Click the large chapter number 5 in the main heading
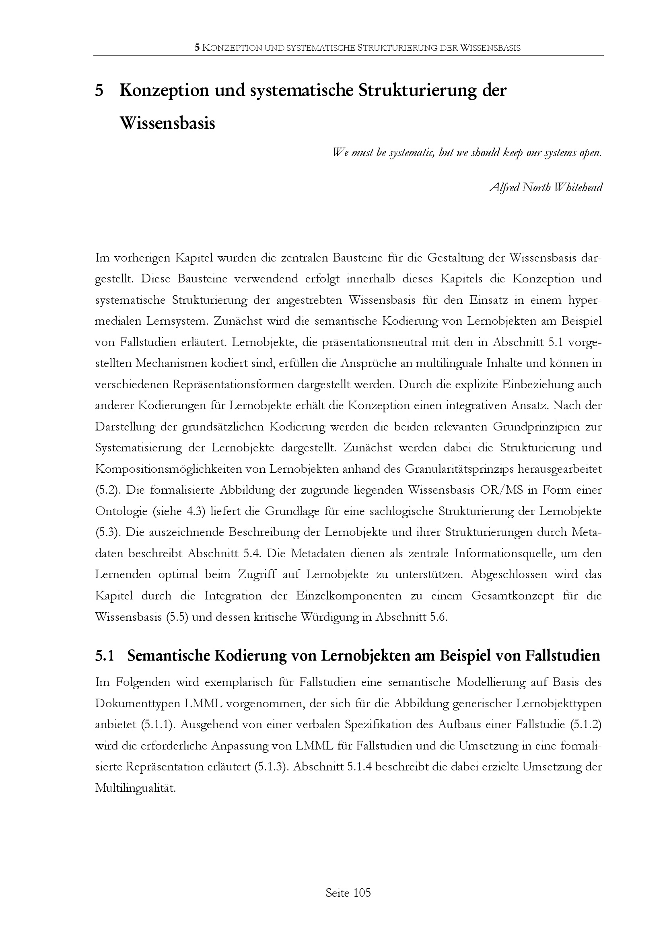tap(99, 91)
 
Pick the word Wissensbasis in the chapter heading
tap(167, 123)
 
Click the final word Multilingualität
tap(135, 788)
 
